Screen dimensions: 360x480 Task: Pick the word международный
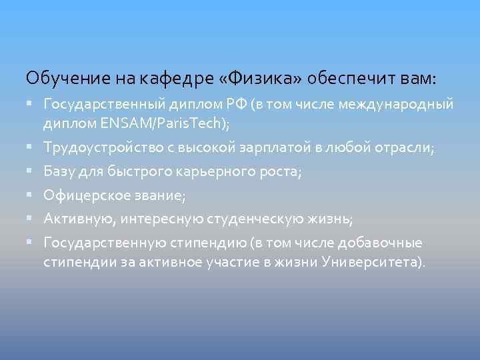tap(396, 105)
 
